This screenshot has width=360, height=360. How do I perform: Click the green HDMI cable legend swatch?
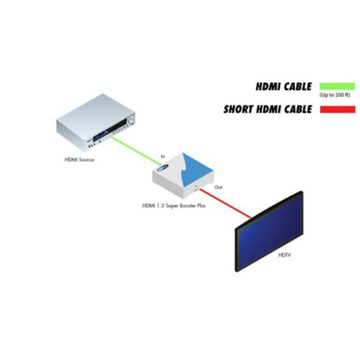pos(337,86)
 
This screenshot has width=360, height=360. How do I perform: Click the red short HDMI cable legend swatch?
pos(337,109)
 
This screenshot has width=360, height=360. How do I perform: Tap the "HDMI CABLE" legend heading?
pos(284,87)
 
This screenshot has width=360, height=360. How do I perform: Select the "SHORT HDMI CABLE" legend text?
pos(267,109)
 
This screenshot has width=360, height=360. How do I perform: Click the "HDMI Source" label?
pos(79,159)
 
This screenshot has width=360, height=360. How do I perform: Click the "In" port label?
pos(163,157)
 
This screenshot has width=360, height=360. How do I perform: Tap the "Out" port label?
pos(219,187)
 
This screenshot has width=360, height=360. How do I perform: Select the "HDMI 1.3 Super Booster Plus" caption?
pos(174,206)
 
